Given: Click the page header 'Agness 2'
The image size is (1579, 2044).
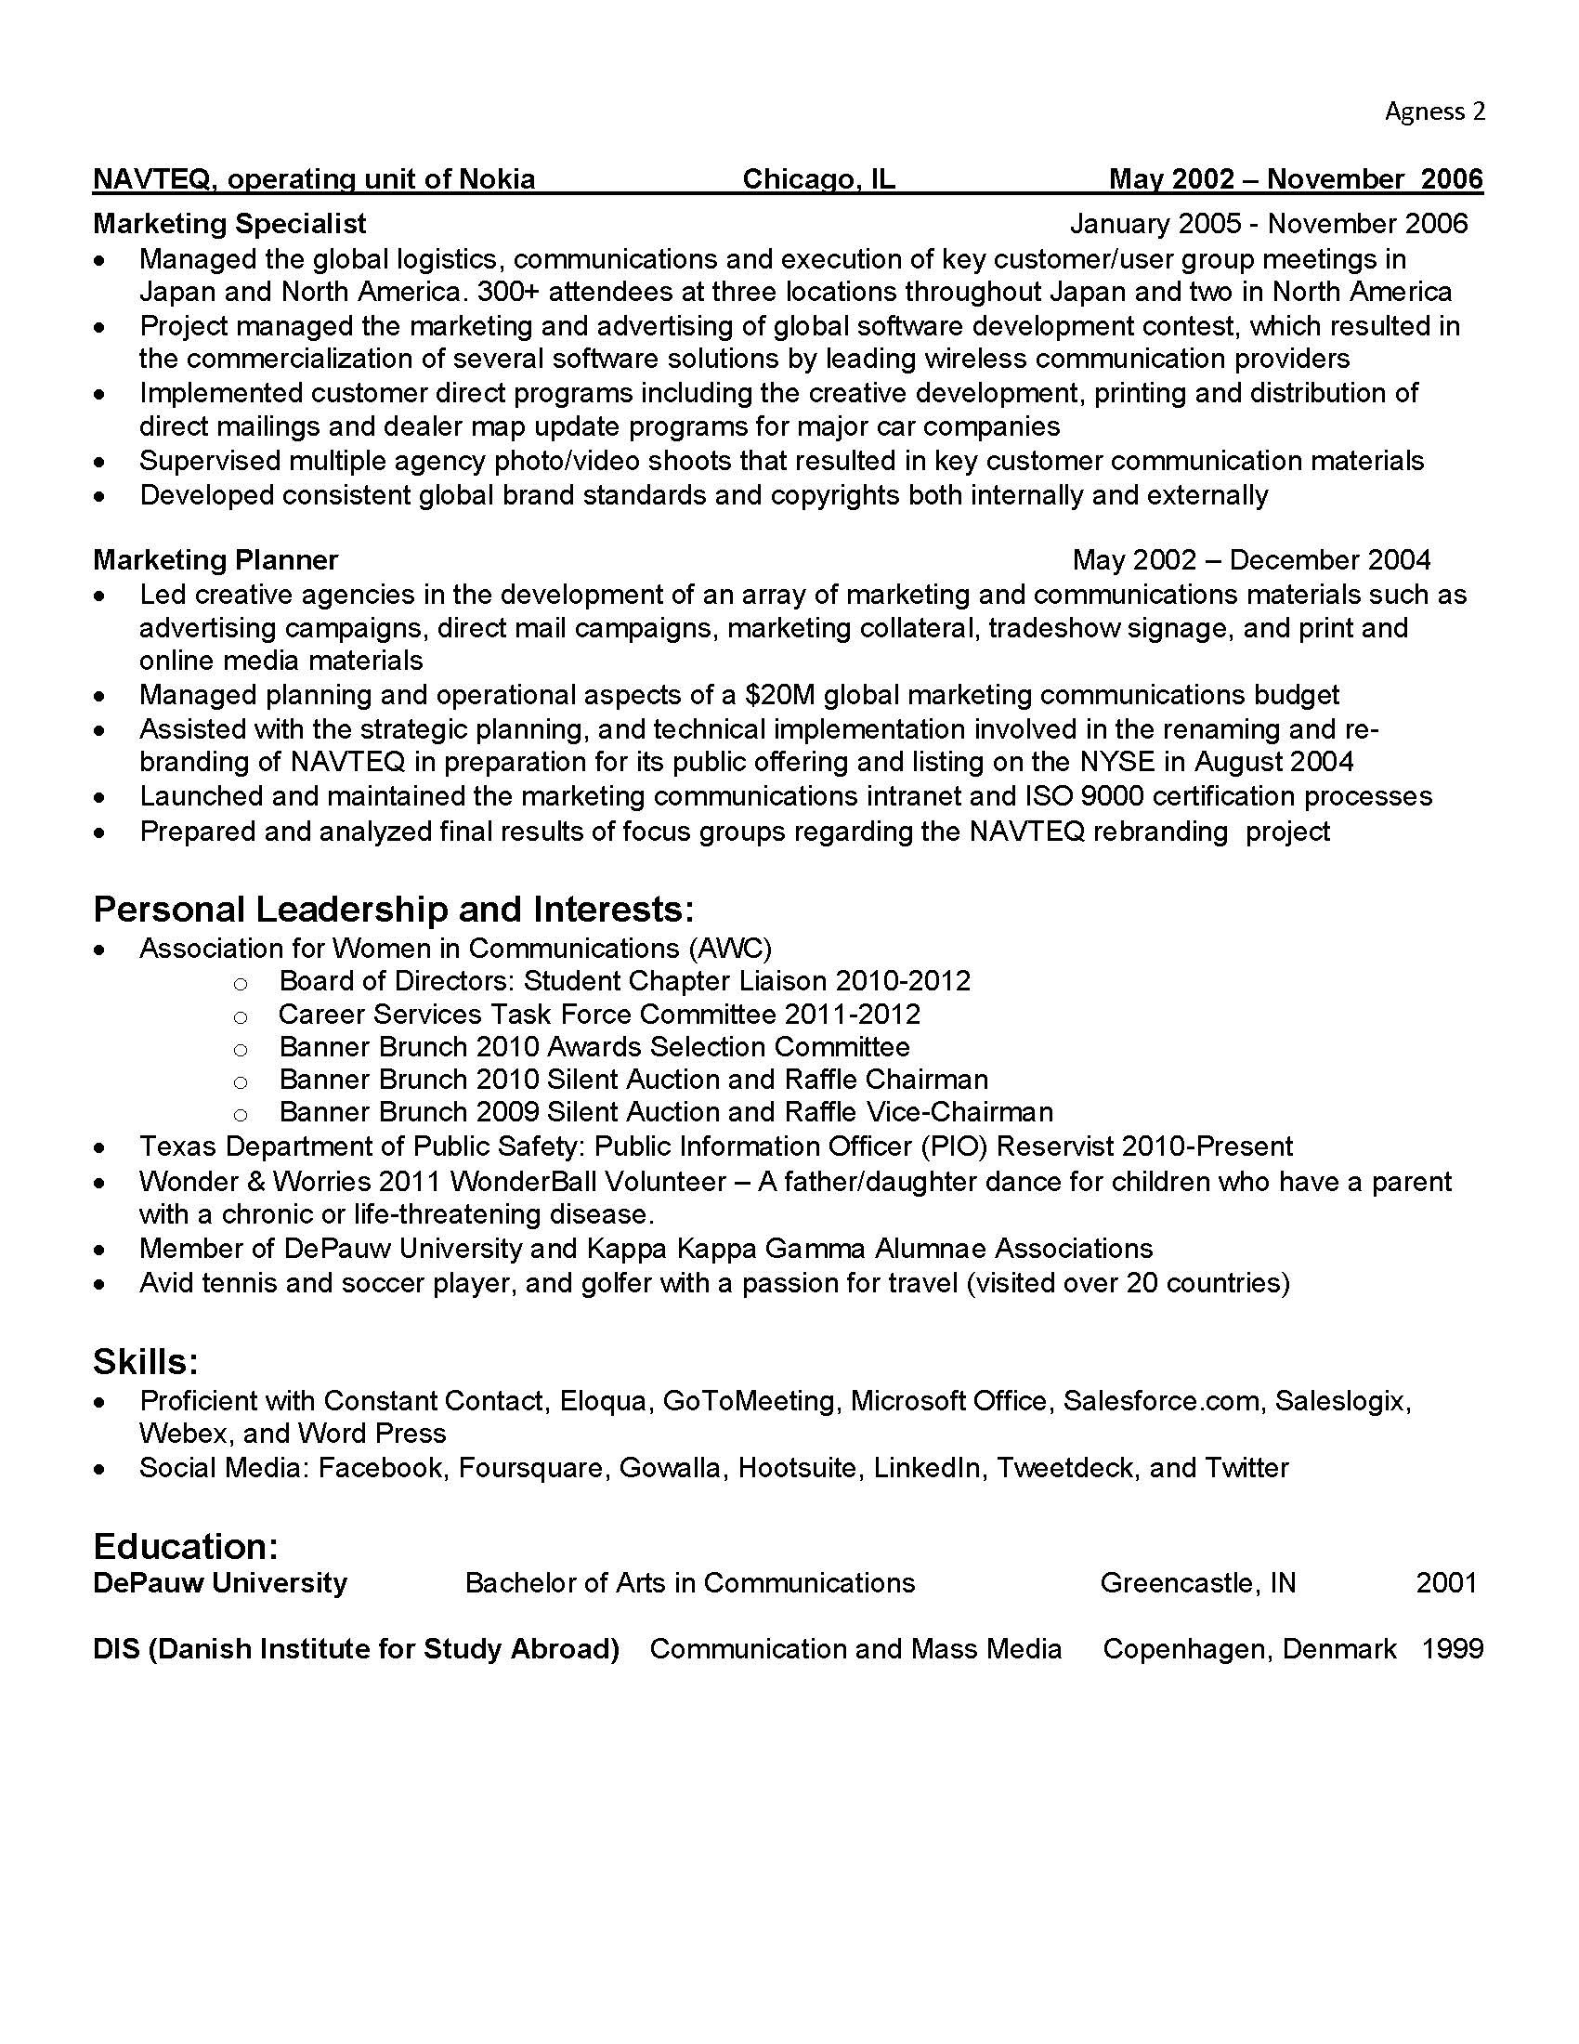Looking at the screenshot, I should coord(1434,111).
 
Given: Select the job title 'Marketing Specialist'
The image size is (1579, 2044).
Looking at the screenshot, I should coord(229,224).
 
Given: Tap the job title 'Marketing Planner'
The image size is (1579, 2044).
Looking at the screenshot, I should coord(215,559).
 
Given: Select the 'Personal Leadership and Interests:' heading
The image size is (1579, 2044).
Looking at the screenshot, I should coord(393,909).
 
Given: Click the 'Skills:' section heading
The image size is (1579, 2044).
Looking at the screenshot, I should coord(145,1362).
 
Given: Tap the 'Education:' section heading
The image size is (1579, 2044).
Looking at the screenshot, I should coord(185,1546).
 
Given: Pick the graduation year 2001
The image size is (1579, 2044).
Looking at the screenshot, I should coord(1445,1582).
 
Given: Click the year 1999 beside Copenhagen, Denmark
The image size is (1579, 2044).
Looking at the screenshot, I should coord(1452,1648).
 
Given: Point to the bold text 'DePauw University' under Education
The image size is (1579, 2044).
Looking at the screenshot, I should coord(220,1582).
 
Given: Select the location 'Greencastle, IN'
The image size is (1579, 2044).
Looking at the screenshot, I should coord(1197,1582).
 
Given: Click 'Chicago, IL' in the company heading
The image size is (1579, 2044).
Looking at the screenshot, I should coord(818,178).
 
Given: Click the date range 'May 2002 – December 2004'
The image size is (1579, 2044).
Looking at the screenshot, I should coord(1251,559).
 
